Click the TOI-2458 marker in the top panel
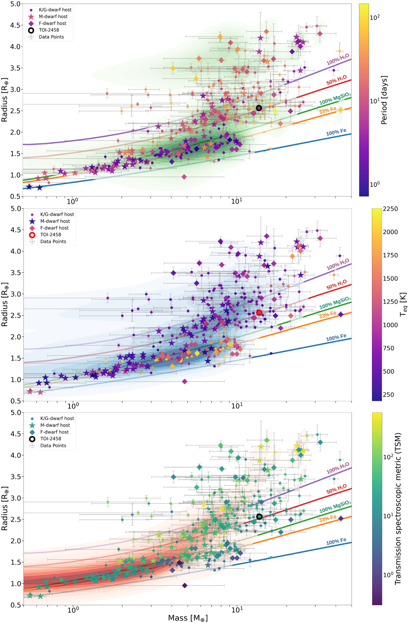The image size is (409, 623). click(x=259, y=108)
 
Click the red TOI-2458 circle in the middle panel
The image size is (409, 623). click(x=259, y=313)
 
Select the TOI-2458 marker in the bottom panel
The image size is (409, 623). click(x=259, y=516)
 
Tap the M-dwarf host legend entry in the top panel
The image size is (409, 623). click(x=53, y=16)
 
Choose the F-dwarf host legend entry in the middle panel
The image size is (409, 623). click(x=55, y=228)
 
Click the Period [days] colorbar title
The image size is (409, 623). click(x=384, y=100)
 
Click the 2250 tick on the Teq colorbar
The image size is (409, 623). click(x=390, y=209)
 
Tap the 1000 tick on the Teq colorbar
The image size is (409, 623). click(x=390, y=325)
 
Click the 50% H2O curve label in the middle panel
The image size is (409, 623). click(x=336, y=285)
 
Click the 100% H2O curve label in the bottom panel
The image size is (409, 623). click(x=338, y=468)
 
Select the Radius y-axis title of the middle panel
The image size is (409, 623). click(x=5, y=304)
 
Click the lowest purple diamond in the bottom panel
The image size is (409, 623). click(x=185, y=586)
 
